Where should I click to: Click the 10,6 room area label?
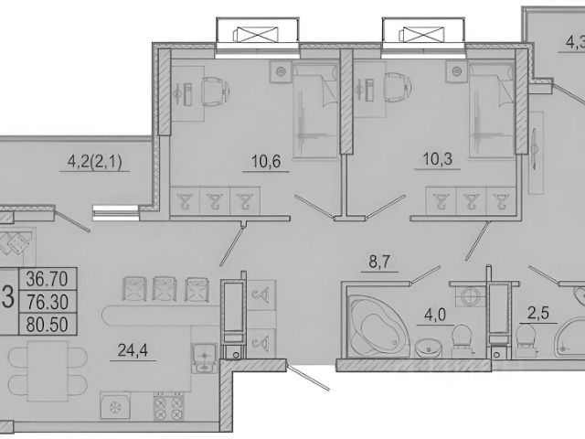coord(266,162)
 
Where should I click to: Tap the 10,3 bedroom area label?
coord(438,159)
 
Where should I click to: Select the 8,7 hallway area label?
coord(379,262)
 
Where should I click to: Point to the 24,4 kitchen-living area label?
coord(133,350)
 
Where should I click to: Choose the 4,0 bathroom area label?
coord(435,316)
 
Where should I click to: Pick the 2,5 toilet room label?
coord(538,313)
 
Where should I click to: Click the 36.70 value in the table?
coord(47,279)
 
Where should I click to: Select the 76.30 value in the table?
coord(47,302)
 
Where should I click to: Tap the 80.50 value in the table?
coord(47,325)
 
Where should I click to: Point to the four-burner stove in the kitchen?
coord(168,406)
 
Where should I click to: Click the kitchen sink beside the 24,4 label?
coord(204,358)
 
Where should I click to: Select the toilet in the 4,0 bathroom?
coord(462,339)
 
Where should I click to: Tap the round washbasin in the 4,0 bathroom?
coord(429,347)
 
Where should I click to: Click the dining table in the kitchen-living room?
coord(48,370)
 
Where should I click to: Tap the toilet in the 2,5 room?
coord(526,337)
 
